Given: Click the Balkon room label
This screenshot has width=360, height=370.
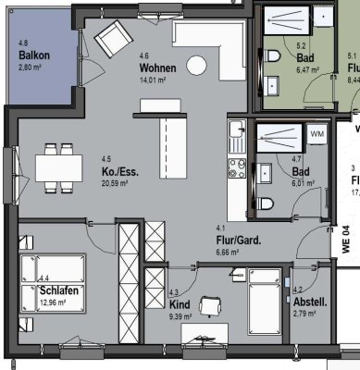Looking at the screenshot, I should [x=33, y=55].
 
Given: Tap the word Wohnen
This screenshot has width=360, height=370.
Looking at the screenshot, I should [x=158, y=69].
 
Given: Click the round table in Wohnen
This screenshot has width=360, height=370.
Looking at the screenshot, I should [x=195, y=65].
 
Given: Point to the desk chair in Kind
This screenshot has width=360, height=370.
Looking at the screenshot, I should [x=210, y=306].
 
